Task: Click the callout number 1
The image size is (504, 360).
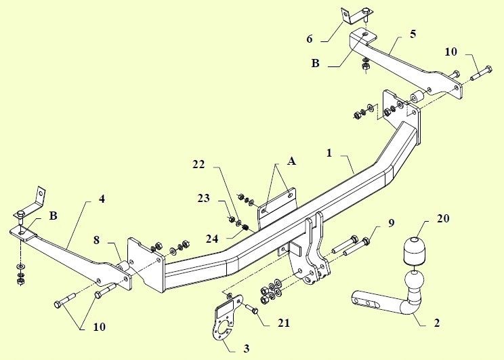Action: (329, 153)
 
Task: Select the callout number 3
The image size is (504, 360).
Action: (246, 349)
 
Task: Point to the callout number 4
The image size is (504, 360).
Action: (102, 199)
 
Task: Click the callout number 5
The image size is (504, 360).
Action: (413, 33)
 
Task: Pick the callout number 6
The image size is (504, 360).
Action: (310, 39)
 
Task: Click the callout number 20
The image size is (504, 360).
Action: (424, 218)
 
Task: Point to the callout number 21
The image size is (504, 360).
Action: (282, 323)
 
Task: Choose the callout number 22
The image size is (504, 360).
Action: (198, 164)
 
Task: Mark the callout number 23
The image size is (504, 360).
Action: (204, 199)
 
